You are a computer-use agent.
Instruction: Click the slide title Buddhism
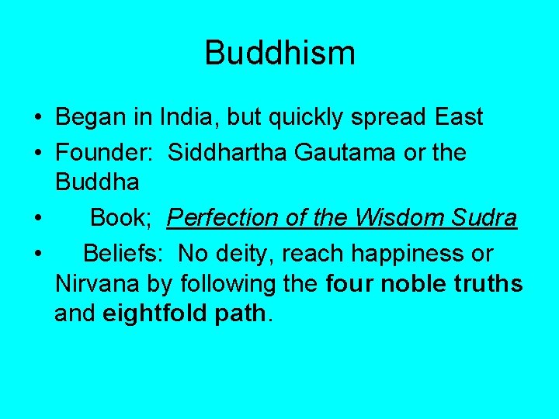pos(279,53)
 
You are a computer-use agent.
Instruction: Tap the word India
pos(179,117)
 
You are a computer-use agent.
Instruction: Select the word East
pos(459,117)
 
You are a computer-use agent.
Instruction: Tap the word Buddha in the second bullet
pos(97,183)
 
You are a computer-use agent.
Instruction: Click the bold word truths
pos(491,284)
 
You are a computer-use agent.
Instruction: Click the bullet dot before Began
pos(37,118)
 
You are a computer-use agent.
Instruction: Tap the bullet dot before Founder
pos(37,153)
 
